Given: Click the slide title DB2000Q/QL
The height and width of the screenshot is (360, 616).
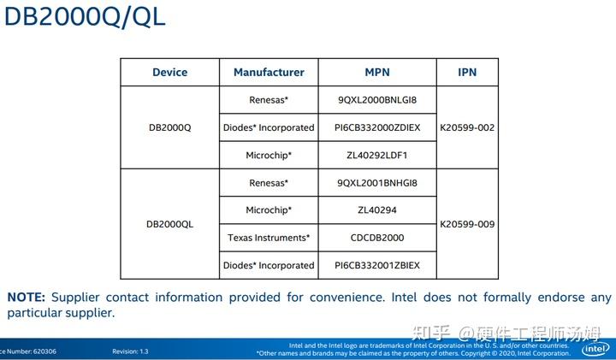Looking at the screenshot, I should pos(84,17).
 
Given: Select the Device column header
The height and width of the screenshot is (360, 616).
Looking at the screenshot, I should pos(169,73).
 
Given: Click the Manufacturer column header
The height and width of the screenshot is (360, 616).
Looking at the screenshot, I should pos(269,73).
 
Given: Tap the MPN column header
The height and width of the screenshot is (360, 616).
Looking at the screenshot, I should pos(377,73).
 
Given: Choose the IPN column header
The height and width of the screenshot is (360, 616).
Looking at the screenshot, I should pos(467,73).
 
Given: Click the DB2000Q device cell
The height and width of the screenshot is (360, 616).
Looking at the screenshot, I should pos(169,127).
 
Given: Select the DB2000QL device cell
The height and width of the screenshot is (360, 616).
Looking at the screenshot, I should pos(169,224).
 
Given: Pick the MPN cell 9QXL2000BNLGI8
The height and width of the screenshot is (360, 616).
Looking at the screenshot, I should pos(377,100).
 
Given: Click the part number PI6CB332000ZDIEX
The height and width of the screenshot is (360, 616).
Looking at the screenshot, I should pos(377,127).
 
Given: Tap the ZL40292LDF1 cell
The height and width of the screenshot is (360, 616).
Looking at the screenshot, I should pos(377,156).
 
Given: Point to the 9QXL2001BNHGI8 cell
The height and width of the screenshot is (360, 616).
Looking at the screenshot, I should pos(377,183).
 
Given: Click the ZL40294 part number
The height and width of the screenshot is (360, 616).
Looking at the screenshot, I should pos(377,210).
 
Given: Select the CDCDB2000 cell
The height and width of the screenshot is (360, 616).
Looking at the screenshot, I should pos(377,238).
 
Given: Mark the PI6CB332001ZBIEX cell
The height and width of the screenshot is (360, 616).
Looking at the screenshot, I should pos(377,265).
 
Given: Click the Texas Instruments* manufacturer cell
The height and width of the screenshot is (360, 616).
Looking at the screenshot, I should pos(269,238).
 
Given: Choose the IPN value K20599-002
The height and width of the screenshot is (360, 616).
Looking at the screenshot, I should pos(467,127).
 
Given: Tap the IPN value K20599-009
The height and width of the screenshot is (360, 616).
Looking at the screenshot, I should pos(467,224).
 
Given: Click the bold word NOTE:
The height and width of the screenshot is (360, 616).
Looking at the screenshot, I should pos(26,298).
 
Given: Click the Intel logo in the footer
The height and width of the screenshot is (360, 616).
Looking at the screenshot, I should pos(595,349).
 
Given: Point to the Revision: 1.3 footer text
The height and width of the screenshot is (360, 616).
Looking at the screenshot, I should pos(130,351).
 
